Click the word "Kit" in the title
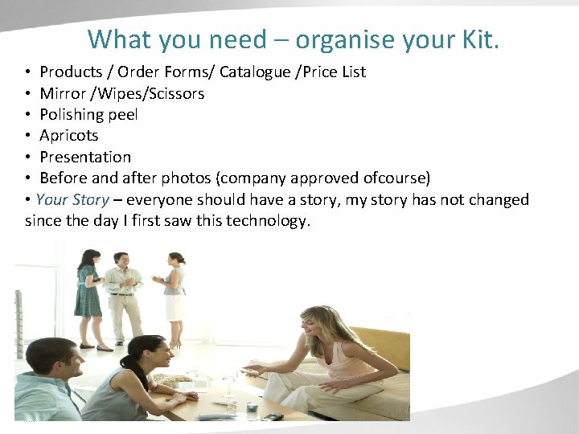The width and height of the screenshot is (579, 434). coord(478,39)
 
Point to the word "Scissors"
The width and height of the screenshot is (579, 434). coord(175,93)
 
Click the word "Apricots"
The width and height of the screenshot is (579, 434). coord(68,135)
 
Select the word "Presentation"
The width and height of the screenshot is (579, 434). coord(84,157)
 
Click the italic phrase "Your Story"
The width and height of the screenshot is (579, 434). coord(72,199)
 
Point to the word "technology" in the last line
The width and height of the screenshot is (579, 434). coord(266,220)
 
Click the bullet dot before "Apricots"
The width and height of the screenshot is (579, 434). coord(29,136)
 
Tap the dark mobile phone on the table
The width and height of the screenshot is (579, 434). coord(273,416)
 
